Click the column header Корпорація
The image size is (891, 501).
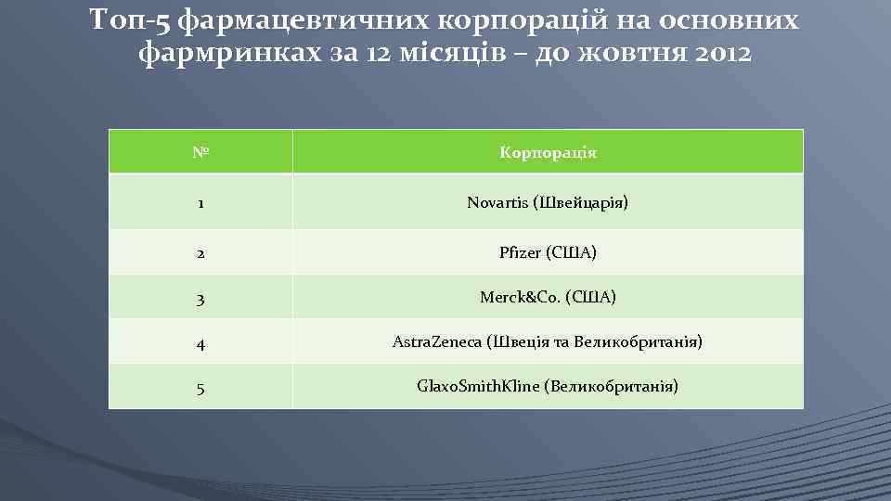pos(548,152)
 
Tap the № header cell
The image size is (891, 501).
pos(200,152)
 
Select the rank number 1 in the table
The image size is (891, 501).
pos(199,202)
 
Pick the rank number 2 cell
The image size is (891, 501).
pos(200,252)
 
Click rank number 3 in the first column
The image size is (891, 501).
pos(200,298)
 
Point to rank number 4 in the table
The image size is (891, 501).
pos(200,343)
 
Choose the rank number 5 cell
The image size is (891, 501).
pos(200,386)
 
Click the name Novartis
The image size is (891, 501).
pos(497,202)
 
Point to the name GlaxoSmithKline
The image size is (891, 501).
pos(476,385)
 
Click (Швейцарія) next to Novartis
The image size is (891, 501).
pos(581,202)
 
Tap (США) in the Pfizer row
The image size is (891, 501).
pos(572,252)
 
